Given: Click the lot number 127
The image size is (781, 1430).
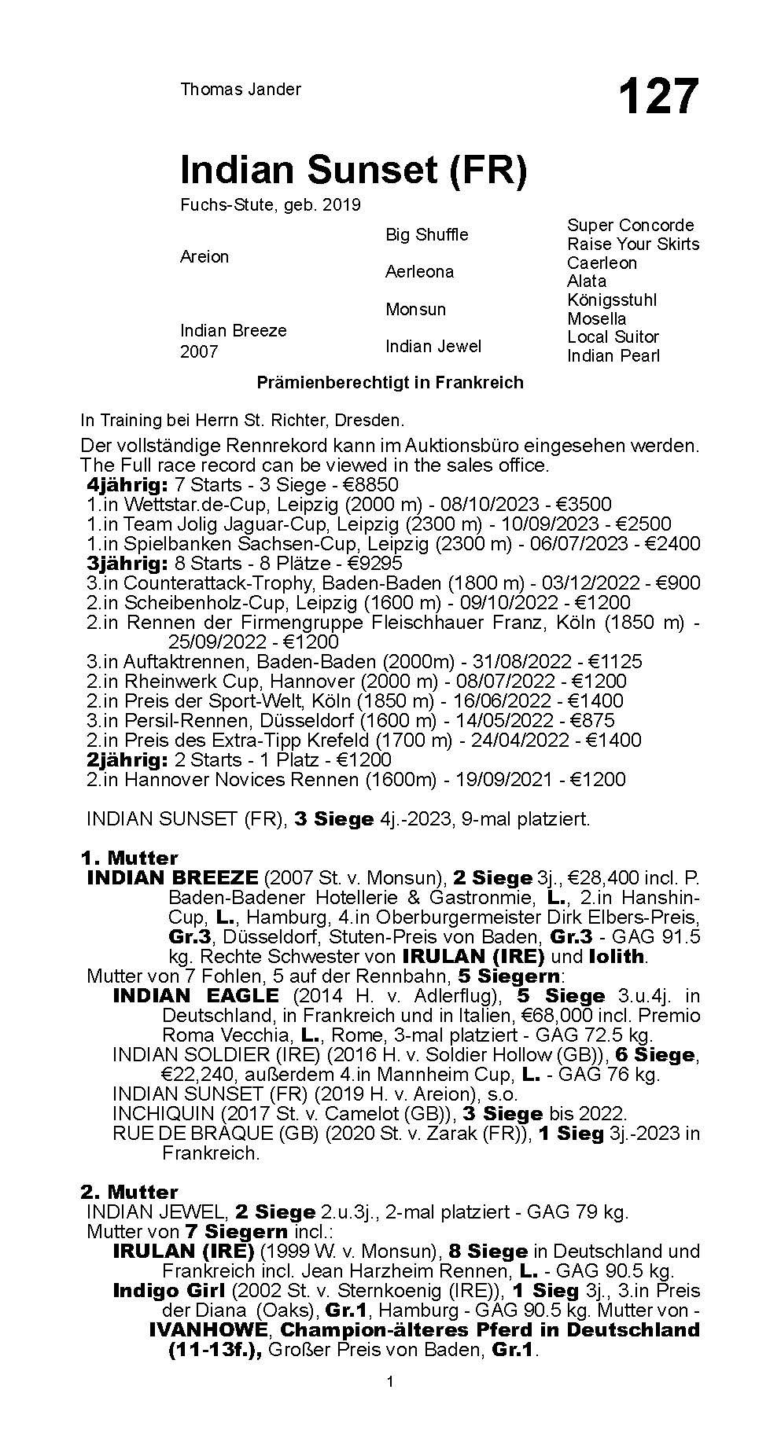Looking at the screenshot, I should (x=658, y=97).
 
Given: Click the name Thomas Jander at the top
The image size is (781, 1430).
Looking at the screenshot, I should (x=241, y=90).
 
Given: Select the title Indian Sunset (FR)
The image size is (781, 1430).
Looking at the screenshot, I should (x=353, y=170).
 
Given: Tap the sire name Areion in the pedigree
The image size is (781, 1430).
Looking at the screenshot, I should (x=204, y=256).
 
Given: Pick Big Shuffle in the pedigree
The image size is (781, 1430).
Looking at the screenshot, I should (x=426, y=234).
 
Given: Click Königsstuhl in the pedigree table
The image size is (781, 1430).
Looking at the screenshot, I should (x=612, y=300).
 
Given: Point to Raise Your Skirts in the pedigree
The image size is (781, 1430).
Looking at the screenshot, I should (x=633, y=244).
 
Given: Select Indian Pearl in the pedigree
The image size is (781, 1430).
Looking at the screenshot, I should (x=613, y=355).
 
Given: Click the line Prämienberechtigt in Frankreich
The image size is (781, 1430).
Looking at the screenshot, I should (x=390, y=383).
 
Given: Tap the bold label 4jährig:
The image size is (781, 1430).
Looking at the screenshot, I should (x=127, y=484).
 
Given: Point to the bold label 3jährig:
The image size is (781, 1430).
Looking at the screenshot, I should (x=127, y=563).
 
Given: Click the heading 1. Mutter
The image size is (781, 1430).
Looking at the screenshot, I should (x=130, y=858).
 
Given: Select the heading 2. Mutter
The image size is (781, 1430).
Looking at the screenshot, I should (x=130, y=1192).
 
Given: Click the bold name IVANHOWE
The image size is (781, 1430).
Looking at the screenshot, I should (x=209, y=1330).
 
